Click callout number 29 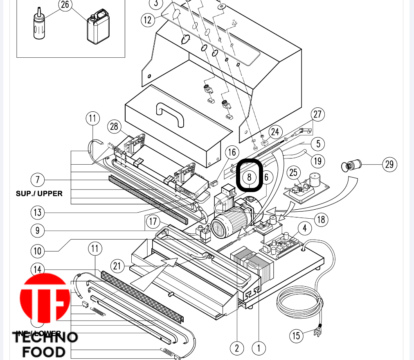tap(389, 165)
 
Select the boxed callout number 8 tap(249, 177)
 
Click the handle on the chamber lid tap(170, 114)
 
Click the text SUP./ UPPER tap(39, 193)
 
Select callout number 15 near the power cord tap(297, 336)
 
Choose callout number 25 tap(293, 172)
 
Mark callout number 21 tap(117, 266)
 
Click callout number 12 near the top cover tap(148, 19)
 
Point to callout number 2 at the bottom tap(237, 349)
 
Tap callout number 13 tap(38, 212)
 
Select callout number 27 tap(318, 115)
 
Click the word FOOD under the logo tap(44, 352)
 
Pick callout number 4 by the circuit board tap(304, 228)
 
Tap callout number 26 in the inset tap(65, 5)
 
